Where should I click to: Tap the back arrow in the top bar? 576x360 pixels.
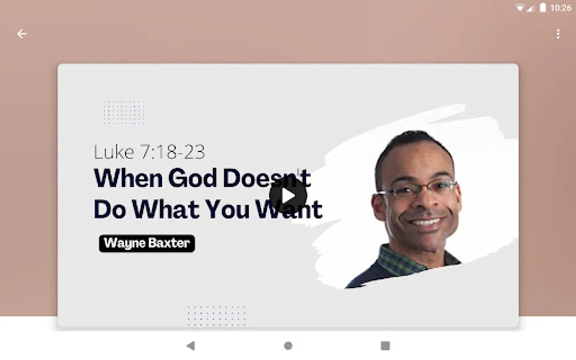point(22,34)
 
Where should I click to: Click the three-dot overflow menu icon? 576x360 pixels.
point(558,34)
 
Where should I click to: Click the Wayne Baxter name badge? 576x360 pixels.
point(147,243)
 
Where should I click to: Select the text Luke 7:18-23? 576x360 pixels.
point(149,152)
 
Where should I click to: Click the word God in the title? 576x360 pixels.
point(192,178)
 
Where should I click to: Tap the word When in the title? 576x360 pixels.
point(128,178)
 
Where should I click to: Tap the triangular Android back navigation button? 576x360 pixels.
point(190,346)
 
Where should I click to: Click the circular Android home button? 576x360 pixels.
point(288,346)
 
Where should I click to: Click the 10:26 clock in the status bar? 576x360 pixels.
point(561,8)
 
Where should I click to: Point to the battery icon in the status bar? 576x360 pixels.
point(542,8)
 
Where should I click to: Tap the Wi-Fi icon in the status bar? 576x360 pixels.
point(520,8)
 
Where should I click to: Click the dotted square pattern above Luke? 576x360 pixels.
point(124,113)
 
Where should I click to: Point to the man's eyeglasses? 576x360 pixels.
point(416,190)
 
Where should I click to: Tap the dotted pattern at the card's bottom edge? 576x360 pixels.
point(217,316)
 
